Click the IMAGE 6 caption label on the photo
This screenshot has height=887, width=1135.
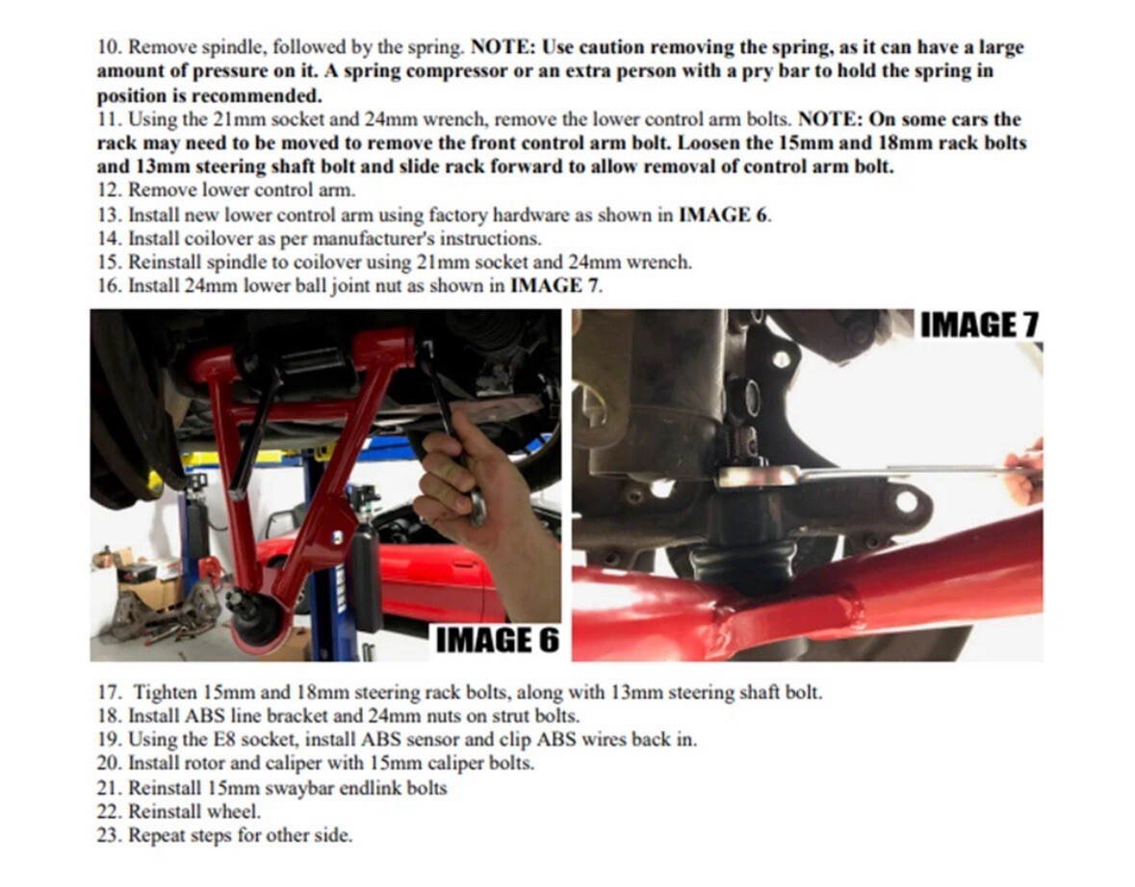pos(498,640)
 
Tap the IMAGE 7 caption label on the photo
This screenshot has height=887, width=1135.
pos(979,326)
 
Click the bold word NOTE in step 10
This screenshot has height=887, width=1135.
pos(502,48)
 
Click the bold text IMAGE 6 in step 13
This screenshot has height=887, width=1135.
pos(724,215)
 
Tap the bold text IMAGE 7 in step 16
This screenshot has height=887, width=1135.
pos(555,285)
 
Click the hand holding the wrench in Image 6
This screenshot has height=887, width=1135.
pos(475,478)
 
